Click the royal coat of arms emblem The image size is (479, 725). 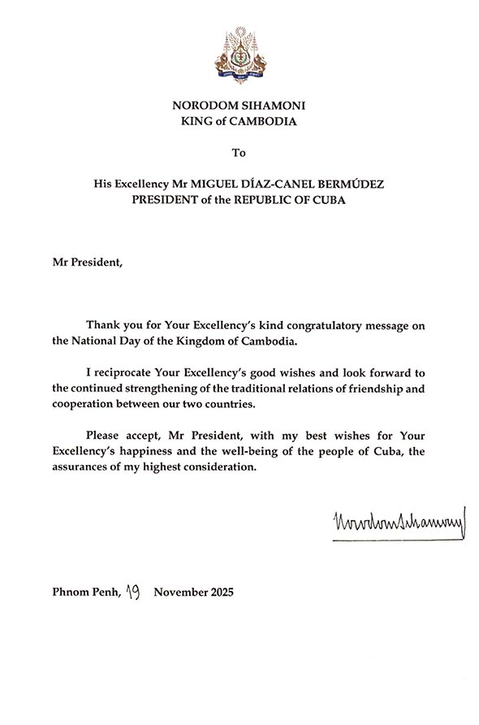(x=239, y=54)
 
